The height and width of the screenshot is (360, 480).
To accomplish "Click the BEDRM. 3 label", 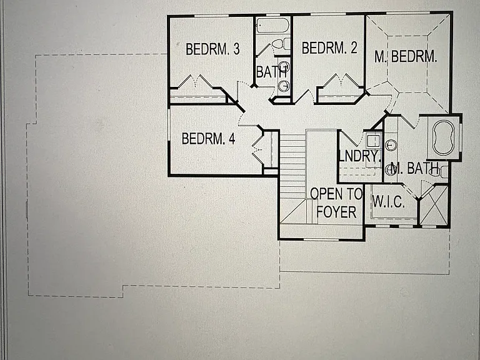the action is (212, 49).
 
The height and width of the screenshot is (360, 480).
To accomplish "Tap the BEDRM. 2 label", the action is (329, 47).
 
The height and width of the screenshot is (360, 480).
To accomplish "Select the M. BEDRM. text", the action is (406, 56).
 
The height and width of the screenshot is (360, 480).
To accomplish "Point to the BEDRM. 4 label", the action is (209, 138).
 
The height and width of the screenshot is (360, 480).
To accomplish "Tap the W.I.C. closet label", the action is (389, 202).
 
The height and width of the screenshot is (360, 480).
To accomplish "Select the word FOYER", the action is (336, 212).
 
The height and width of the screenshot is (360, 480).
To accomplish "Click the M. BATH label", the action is (415, 168).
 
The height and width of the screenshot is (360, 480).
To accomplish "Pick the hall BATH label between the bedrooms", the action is (271, 72).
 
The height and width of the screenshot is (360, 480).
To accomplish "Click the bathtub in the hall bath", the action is (272, 26).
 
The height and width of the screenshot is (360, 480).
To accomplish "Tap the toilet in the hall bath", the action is (281, 44).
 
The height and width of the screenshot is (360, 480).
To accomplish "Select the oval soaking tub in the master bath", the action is (442, 137).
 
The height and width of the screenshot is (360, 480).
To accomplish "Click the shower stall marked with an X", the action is (434, 205).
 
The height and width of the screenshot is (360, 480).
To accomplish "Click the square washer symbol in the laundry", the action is (374, 141).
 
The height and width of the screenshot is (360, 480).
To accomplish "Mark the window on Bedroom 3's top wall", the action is (211, 16).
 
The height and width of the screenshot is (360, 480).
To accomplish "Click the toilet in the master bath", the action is (442, 171).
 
